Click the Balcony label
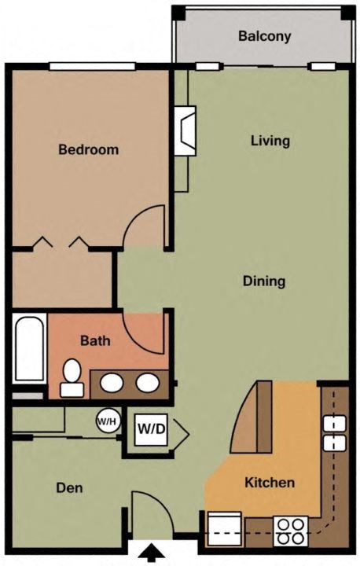265,36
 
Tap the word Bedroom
89,149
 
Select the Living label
270,141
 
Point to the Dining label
263,281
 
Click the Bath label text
94,341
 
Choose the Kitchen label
270,483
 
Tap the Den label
69,487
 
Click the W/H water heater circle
106,421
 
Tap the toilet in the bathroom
72,377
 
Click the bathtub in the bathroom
28,348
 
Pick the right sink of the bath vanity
147,383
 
